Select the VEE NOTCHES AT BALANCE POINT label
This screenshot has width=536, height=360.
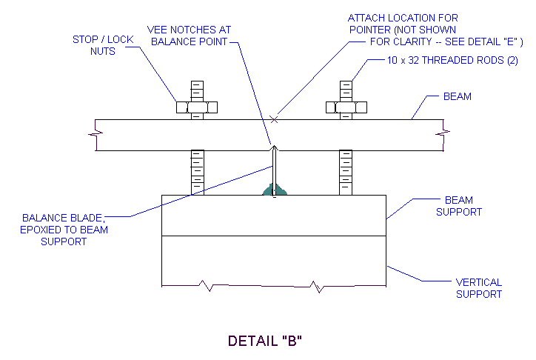(x=189, y=36)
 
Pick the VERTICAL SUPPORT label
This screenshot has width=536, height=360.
(x=478, y=288)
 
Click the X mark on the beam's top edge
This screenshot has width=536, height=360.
(x=274, y=119)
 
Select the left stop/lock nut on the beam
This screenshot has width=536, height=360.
(x=197, y=107)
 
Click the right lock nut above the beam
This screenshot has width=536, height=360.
(x=346, y=107)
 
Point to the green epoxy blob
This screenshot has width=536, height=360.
(x=274, y=191)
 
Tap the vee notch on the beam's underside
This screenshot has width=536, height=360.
(x=274, y=147)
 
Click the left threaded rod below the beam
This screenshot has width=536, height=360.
(x=197, y=172)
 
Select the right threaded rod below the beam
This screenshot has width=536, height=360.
(x=346, y=172)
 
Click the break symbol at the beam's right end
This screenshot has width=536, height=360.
(x=445, y=133)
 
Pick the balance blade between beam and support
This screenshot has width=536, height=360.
(x=274, y=170)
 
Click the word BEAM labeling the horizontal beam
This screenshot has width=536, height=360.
(x=457, y=96)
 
